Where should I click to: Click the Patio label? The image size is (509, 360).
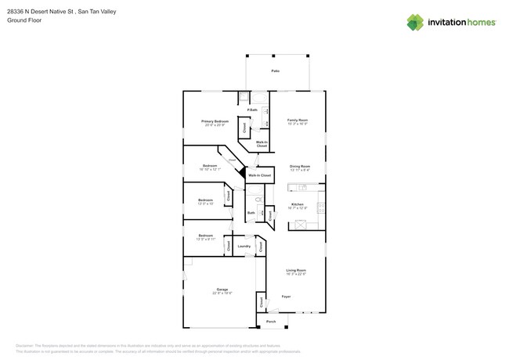pyautogui.click(x=276, y=71)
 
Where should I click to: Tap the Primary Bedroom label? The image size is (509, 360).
pyautogui.click(x=215, y=122)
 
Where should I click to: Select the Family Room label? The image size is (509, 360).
pyautogui.click(x=297, y=121)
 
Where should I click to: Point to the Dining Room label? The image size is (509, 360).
pyautogui.click(x=300, y=167)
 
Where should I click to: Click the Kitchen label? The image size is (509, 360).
pyautogui.click(x=298, y=204)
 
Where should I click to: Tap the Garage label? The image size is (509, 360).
pyautogui.click(x=222, y=290)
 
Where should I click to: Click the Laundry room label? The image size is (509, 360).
pyautogui.click(x=244, y=247)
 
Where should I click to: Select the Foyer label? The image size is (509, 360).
pyautogui.click(x=287, y=297)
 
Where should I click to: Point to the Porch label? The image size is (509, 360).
pyautogui.click(x=271, y=322)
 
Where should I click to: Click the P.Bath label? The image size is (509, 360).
pyautogui.click(x=252, y=110)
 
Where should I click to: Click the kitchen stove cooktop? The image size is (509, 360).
pyautogui.click(x=320, y=207)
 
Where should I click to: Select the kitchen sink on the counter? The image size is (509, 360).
pyautogui.click(x=302, y=188)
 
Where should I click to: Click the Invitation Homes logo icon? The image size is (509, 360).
pyautogui.click(x=415, y=23)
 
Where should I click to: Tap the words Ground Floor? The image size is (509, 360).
pyautogui.click(x=23, y=20)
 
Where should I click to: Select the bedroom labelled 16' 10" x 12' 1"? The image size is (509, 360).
pyautogui.click(x=210, y=167)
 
